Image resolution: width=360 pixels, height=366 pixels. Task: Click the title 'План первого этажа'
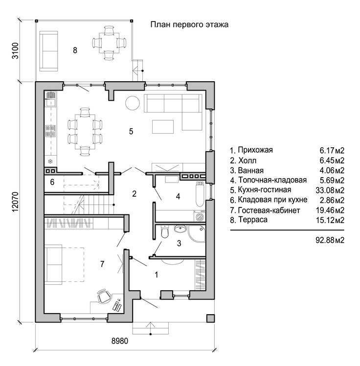(189, 25)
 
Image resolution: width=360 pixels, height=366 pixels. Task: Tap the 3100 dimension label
(15, 51)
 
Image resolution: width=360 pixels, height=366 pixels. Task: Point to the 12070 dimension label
(15, 202)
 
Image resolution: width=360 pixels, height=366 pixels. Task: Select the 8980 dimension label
(120, 341)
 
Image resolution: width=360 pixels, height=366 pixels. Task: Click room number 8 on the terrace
(75, 50)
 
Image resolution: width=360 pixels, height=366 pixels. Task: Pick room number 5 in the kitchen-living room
(131, 131)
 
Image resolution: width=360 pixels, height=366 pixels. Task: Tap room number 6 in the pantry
(52, 182)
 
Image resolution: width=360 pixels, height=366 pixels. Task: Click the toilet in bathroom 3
(165, 231)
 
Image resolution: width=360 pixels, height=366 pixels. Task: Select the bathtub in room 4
(200, 194)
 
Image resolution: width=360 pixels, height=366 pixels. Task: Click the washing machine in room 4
(200, 216)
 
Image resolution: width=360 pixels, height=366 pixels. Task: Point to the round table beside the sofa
(132, 103)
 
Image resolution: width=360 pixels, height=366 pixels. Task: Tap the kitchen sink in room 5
(51, 99)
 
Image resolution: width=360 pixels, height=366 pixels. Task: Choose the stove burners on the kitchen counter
(50, 131)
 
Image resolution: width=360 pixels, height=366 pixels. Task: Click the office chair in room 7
(104, 296)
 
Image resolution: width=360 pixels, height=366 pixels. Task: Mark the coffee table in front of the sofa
(163, 127)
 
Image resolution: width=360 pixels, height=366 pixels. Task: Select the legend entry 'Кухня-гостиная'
(264, 190)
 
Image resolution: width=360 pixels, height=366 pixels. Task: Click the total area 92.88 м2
(330, 240)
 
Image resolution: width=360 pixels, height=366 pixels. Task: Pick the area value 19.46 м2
(330, 210)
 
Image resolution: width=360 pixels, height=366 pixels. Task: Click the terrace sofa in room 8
(48, 51)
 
